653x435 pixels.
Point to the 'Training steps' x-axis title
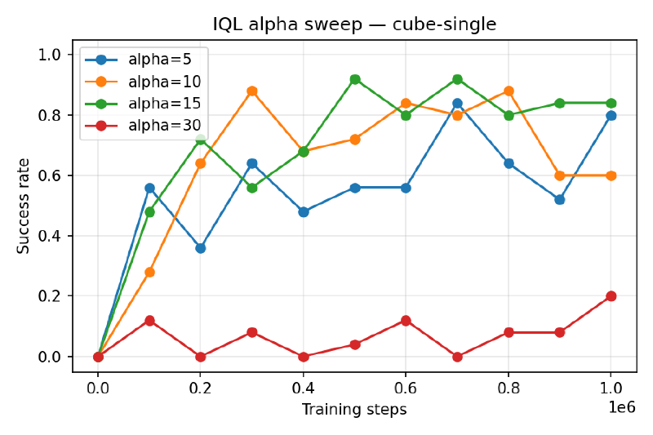click(353, 409)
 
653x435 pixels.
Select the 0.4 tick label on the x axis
click(303, 389)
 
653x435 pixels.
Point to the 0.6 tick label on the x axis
click(406, 389)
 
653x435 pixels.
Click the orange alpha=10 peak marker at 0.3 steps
click(252, 91)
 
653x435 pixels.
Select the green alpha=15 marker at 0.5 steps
click(354, 79)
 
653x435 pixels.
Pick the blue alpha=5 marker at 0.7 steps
click(457, 104)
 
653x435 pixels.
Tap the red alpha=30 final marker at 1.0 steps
click(611, 296)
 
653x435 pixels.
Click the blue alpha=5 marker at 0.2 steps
click(201, 248)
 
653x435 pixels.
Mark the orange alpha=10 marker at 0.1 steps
click(149, 272)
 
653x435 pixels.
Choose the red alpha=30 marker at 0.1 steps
click(149, 321)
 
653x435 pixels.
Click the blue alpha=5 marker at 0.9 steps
click(559, 200)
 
